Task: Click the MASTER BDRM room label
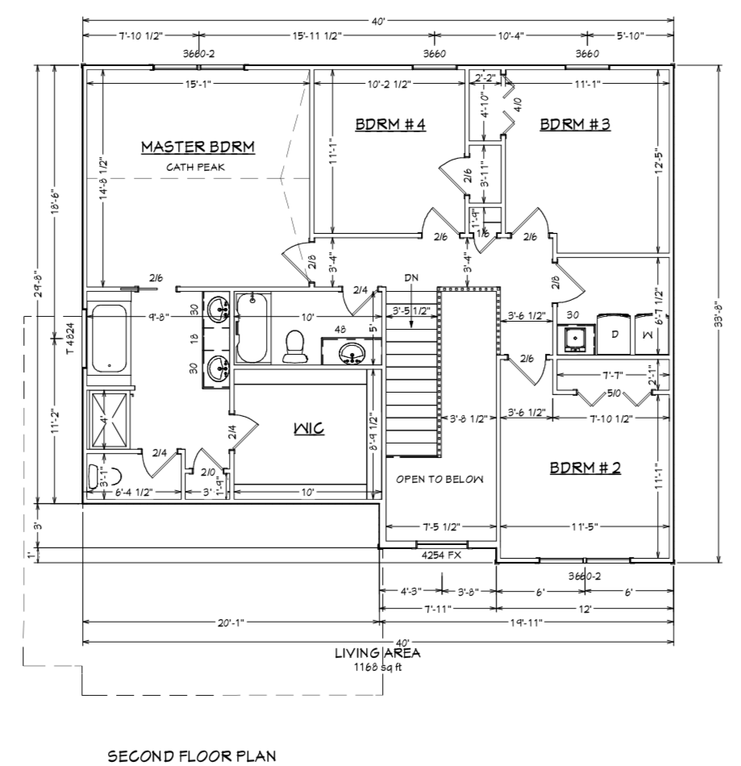pos(198,147)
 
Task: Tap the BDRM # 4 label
pos(390,124)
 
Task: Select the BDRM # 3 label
pos(575,124)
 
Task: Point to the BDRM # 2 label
pos(585,468)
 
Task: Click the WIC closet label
pos(309,428)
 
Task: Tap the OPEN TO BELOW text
pos(439,479)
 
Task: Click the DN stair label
pos(411,277)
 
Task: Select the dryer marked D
pos(614,334)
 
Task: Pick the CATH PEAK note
pos(195,167)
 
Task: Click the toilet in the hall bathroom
pos(294,347)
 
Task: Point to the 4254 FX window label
pos(441,556)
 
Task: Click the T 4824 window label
pos(70,338)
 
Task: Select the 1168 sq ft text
pos(377,667)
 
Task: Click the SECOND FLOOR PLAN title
pos(191,756)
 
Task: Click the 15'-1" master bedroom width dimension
pos(198,84)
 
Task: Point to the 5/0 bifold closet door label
pos(614,393)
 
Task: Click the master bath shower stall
pos(108,419)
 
